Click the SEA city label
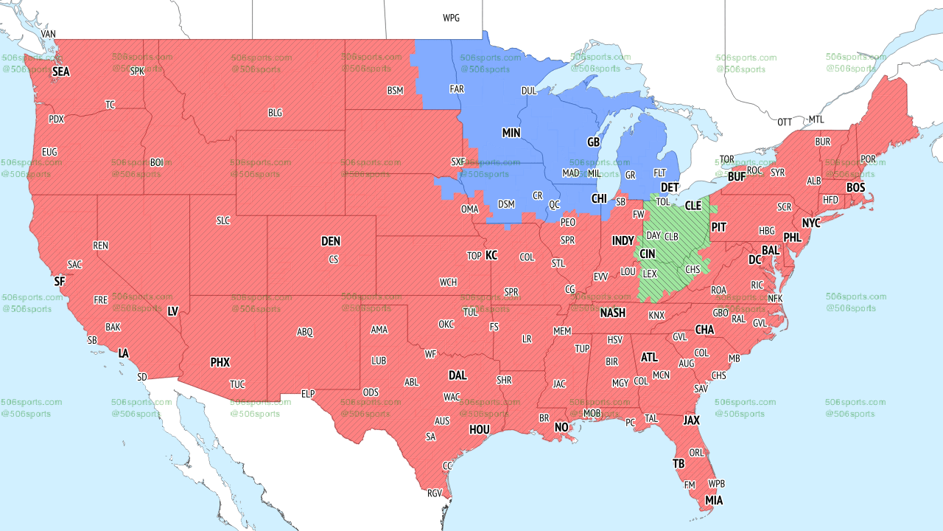pyautogui.click(x=60, y=72)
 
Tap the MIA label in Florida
pyautogui.click(x=714, y=501)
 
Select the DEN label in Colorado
pyautogui.click(x=331, y=241)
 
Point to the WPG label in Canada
pyautogui.click(x=451, y=18)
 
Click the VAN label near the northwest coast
pyautogui.click(x=49, y=35)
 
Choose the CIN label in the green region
pyautogui.click(x=647, y=254)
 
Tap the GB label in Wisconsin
pyautogui.click(x=593, y=142)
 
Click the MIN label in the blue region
pyautogui.click(x=511, y=133)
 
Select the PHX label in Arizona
pyautogui.click(x=220, y=362)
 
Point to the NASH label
pyautogui.click(x=612, y=313)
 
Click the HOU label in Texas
pyautogui.click(x=480, y=429)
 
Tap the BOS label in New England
pyautogui.click(x=855, y=188)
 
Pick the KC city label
pyautogui.click(x=491, y=255)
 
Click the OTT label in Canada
pyautogui.click(x=785, y=122)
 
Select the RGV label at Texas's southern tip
pyautogui.click(x=435, y=493)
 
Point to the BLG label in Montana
pyautogui.click(x=275, y=113)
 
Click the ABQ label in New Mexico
pyautogui.click(x=305, y=332)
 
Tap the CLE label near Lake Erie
pyautogui.click(x=693, y=206)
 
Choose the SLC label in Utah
pyautogui.click(x=223, y=221)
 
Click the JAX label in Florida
pyautogui.click(x=691, y=420)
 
